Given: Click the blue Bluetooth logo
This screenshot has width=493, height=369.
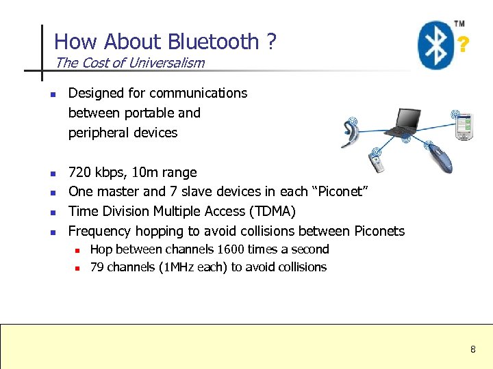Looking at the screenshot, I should (435, 44).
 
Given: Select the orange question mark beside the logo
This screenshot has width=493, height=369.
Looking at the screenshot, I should (464, 46).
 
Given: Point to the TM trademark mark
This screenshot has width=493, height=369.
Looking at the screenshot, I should (459, 24).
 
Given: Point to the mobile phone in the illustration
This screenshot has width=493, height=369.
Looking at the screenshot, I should (378, 163).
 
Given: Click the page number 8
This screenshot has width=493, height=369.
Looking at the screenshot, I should (472, 350).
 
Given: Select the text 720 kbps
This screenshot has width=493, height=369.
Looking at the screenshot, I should (96, 172).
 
